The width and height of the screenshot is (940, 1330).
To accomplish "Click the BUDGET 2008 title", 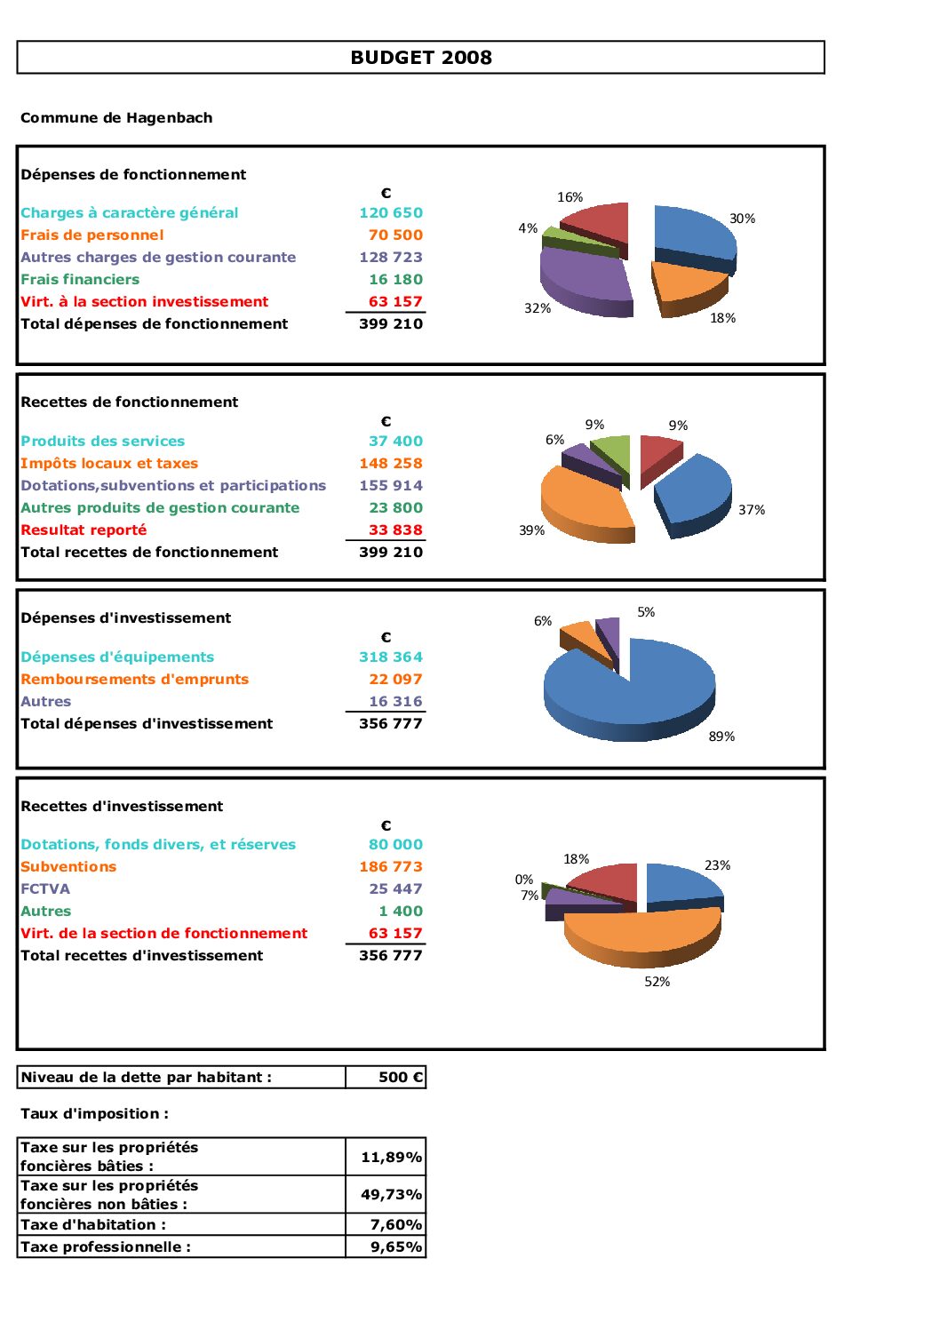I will point(421,58).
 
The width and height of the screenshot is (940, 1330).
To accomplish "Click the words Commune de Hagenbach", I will point(116,118).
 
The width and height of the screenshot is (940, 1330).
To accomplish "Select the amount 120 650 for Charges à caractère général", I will point(391,213).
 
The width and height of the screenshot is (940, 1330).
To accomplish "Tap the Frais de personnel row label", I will point(92,235).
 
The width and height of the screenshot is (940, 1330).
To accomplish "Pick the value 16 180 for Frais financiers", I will point(396,280).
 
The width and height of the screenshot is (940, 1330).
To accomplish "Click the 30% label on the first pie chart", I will point(742,219).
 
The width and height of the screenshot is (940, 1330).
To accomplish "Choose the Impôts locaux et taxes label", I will point(109,464).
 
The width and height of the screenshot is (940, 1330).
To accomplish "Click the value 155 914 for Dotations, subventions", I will point(391,486).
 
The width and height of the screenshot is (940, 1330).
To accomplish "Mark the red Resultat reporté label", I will point(84,530).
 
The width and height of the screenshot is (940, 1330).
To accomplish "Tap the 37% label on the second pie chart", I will point(752,510).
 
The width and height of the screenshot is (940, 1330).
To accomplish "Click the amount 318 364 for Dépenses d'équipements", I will point(391,657).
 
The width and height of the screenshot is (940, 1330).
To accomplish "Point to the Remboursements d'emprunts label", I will point(135,680).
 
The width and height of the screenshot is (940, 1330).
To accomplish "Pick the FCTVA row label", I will point(45,889).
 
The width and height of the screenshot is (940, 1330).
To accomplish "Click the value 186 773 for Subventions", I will point(391,867).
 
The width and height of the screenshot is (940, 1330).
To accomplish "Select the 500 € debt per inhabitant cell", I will point(386,1078).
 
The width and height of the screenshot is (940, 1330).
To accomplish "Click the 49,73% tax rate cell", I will point(386,1195).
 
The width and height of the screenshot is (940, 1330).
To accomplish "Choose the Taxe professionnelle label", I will point(106,1247).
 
